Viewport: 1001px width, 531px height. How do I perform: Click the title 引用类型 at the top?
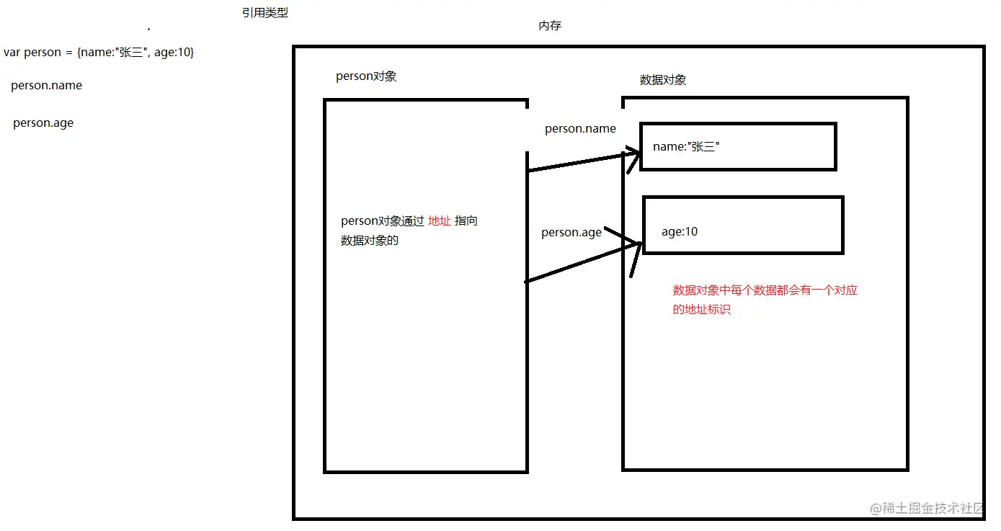coord(265,13)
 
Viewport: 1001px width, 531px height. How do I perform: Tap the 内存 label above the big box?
coord(550,26)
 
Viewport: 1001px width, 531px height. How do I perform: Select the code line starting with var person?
coord(99,53)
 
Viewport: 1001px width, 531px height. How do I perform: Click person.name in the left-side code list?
coord(47,86)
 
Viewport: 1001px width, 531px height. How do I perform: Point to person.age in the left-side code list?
coord(43,123)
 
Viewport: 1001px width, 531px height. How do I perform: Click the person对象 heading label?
coord(366,76)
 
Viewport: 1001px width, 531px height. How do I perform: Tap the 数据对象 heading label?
coord(663,80)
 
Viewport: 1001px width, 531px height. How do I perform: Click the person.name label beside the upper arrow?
coord(580,129)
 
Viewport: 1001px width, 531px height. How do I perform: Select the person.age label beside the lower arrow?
coord(571,233)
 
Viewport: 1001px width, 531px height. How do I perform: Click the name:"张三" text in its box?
coord(687,147)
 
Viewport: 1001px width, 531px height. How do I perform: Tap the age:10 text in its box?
coord(680,232)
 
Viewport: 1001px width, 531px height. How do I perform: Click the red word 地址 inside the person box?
coord(440,221)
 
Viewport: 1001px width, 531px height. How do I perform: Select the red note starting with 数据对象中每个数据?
coord(765,291)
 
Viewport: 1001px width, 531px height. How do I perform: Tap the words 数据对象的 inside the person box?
coord(370,241)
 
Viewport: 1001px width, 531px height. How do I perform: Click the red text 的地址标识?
coord(702,310)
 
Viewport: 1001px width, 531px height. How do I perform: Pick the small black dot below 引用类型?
coord(148,30)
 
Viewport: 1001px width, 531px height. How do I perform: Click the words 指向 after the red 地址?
coord(466,221)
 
